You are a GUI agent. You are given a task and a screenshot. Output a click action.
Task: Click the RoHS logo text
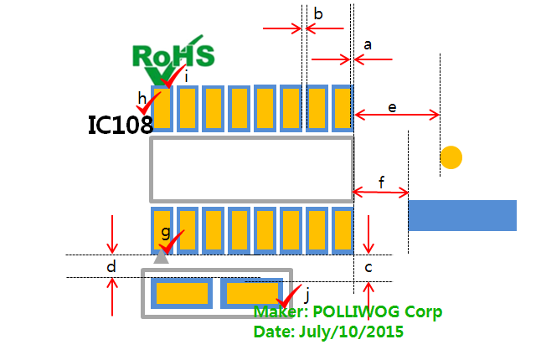[173, 55]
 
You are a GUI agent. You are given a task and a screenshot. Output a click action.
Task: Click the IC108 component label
[121, 125]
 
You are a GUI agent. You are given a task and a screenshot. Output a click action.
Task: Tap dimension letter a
[367, 43]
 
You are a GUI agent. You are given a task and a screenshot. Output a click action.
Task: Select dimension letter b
[318, 13]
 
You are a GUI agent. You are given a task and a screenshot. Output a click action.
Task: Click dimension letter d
[111, 267]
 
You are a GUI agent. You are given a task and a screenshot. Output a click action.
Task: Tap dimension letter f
[381, 182]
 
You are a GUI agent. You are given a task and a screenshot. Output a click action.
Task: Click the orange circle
[451, 157]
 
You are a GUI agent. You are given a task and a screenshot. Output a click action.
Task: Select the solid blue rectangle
[461, 215]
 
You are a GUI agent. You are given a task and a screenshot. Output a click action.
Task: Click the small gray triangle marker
[162, 257]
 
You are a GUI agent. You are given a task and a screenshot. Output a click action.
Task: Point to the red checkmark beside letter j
[290, 295]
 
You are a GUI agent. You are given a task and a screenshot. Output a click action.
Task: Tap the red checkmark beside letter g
[173, 242]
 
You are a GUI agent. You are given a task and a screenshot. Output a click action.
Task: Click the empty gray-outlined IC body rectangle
[251, 170]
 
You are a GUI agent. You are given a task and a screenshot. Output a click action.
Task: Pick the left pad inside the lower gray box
[182, 294]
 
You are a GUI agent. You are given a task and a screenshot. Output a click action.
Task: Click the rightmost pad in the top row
[342, 108]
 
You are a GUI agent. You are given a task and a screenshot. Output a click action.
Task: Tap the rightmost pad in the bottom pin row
[342, 230]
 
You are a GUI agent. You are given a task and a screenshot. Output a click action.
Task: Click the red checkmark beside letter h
[152, 104]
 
